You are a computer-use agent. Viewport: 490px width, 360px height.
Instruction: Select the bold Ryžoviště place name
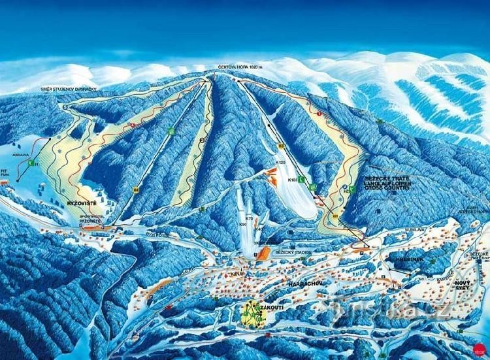point(80,204)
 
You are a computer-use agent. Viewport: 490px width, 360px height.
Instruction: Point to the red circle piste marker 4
point(133,124)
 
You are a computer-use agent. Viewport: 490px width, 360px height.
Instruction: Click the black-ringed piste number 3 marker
point(202,139)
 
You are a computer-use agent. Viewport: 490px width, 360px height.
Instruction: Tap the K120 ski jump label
point(281,161)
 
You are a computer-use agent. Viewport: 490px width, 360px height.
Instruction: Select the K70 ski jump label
point(248,217)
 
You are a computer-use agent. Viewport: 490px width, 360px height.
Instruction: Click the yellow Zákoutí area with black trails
point(252,316)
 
